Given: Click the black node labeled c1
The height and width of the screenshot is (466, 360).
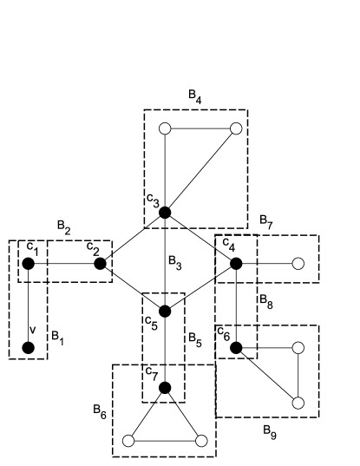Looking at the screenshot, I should [x=28, y=263].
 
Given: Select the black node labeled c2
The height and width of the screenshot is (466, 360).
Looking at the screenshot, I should [x=100, y=263].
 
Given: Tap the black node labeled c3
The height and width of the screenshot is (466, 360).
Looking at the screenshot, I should [x=164, y=213].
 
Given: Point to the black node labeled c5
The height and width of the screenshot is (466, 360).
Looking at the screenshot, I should [x=165, y=311].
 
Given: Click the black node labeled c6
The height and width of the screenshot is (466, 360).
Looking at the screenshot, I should [x=234, y=347].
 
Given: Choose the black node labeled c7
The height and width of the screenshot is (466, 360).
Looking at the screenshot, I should [x=165, y=387].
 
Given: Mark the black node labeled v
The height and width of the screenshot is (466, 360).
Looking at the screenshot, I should [x=28, y=347].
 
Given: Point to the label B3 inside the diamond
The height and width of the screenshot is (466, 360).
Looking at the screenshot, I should [x=175, y=259].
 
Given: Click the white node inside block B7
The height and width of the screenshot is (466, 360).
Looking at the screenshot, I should [x=298, y=263].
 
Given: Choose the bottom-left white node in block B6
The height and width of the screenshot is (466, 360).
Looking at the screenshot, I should [x=128, y=440].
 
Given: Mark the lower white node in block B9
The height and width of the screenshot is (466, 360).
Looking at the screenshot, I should [x=298, y=403].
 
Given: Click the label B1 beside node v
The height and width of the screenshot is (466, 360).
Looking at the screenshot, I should [x=56, y=341].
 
